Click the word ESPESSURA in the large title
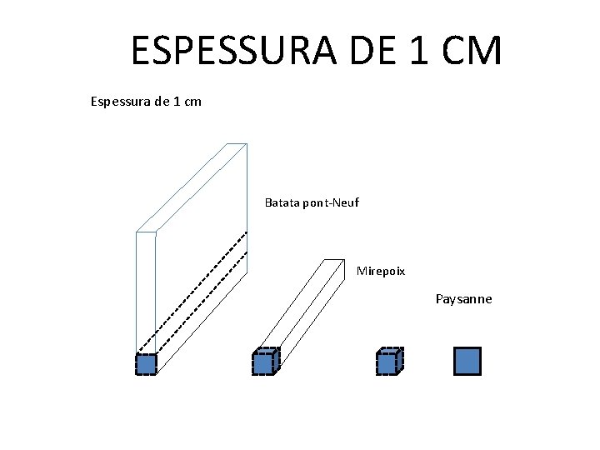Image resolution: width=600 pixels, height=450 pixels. coord(228,52)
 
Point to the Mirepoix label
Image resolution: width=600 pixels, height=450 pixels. coord(381,271)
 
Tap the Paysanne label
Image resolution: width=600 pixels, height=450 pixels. coord(463,299)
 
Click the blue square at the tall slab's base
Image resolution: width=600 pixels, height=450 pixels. coord(146,364)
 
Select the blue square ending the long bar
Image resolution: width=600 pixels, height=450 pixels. coord(263,363)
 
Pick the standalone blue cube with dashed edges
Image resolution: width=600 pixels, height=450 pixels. coord(387,363)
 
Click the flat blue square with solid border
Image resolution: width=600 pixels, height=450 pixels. coord(467,361)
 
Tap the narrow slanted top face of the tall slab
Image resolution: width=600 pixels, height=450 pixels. coord(192,187)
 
